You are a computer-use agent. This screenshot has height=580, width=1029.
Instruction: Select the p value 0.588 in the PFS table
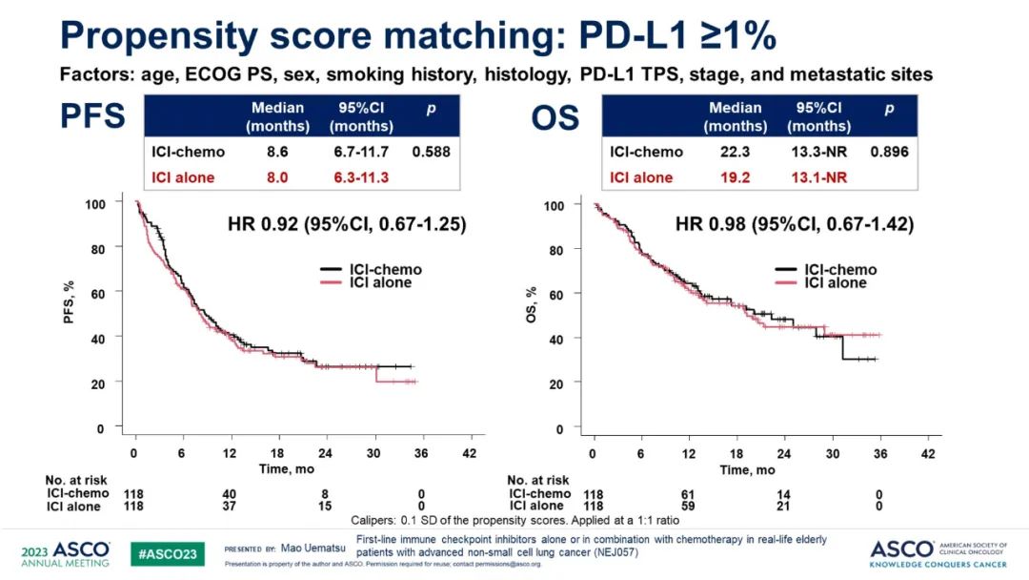coord(432,151)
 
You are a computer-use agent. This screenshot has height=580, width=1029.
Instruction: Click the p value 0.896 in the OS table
coord(889,152)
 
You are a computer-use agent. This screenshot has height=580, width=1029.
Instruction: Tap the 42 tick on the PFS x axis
coord(469,453)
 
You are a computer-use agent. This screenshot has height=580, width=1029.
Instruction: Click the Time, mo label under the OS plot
coord(749,469)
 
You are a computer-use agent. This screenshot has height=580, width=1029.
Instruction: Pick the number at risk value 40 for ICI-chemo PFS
coord(230,493)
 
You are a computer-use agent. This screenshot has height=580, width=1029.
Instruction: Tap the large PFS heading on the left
coord(93,117)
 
